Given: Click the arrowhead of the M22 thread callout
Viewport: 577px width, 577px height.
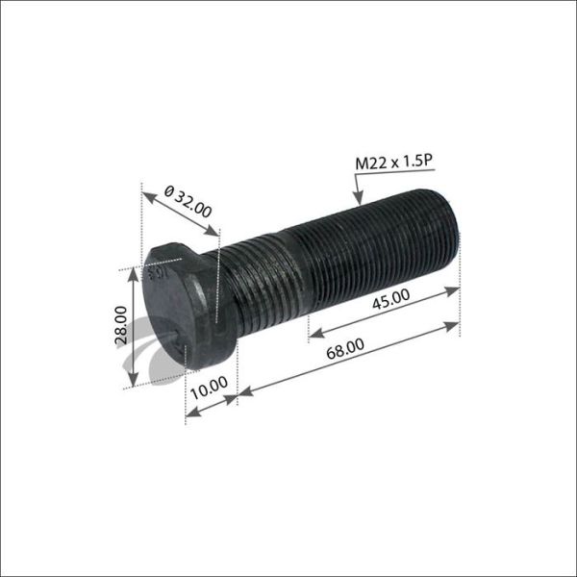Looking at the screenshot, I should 359,203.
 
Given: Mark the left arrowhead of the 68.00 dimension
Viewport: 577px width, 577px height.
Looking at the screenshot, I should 241,391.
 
